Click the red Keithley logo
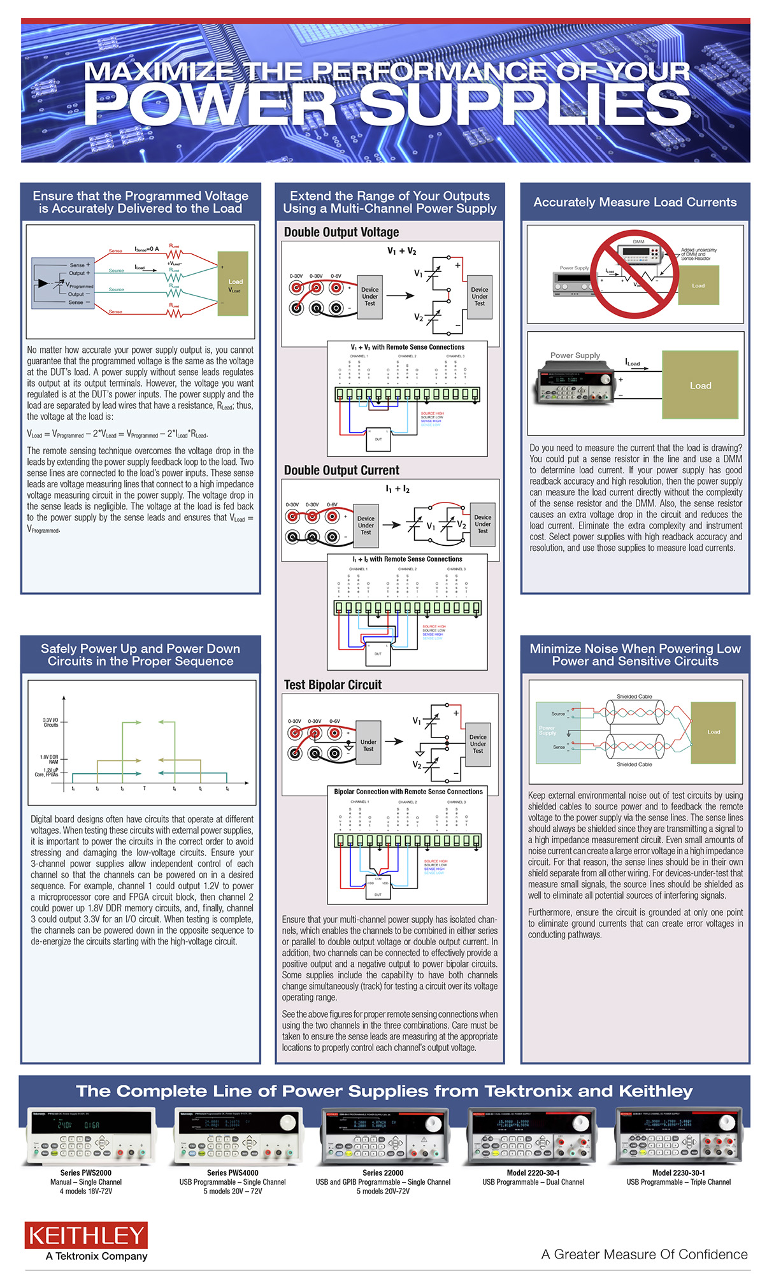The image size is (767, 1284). tap(86, 1236)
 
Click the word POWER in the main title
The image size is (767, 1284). tap(210, 105)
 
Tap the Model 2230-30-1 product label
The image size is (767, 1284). tap(678, 1173)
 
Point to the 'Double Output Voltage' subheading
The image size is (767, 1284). tap(341, 232)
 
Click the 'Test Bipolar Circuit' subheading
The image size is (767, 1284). tap(333, 685)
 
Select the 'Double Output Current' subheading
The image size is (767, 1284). tap(341, 470)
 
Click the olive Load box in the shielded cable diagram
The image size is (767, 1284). tap(713, 732)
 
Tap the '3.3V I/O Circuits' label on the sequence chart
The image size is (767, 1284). tap(50, 722)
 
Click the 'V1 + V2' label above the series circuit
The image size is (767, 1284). tap(401, 251)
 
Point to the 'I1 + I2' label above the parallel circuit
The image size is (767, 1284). tap(398, 489)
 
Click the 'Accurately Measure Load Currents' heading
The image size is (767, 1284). tap(634, 202)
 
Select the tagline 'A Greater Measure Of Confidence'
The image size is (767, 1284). tap(644, 1254)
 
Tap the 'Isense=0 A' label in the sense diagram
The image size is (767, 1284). tap(147, 249)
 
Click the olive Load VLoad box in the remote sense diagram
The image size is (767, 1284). tap(233, 284)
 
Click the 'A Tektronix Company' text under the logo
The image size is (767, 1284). tap(96, 1256)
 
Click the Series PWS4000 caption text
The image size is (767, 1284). tap(233, 1173)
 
